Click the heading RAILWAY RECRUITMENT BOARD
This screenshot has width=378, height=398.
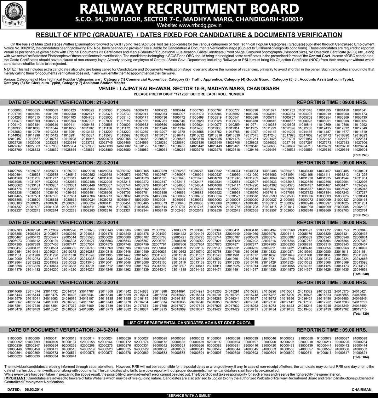click(189, 9)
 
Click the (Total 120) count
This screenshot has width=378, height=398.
click(360, 314)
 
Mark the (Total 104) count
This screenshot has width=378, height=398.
click(360, 357)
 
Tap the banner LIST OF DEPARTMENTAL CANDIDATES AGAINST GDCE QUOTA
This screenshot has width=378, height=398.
click(189, 323)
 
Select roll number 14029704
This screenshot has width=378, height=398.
click(360, 150)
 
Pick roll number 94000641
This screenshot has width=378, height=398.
click(69, 356)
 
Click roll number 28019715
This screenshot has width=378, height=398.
click(360, 309)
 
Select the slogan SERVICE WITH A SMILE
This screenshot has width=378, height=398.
click(189, 395)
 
